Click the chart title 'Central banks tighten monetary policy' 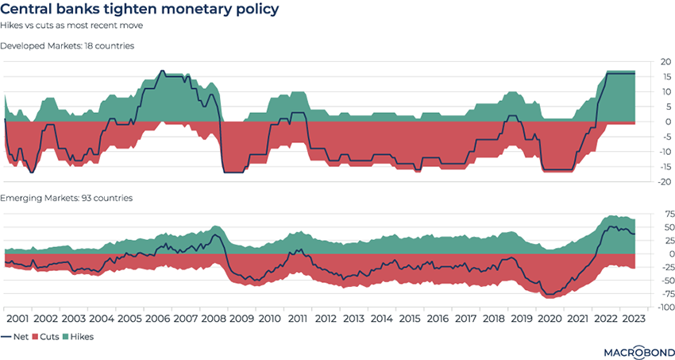(x=141, y=11)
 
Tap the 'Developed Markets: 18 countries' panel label (x=67, y=46)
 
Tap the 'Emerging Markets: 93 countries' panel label (x=66, y=198)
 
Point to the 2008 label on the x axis (x=213, y=318)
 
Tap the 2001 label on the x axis (x=18, y=318)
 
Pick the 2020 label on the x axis (x=549, y=318)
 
